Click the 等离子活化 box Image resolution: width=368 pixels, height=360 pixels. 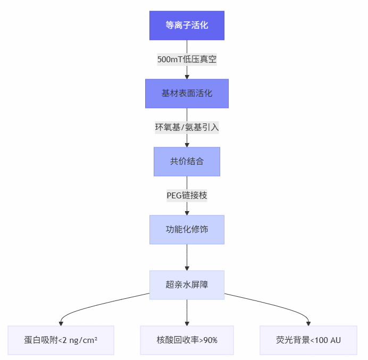point(187,26)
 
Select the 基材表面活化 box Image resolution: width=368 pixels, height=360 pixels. point(187,94)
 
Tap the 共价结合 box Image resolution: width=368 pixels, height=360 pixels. point(187,162)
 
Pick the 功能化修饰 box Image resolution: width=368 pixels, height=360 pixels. point(187,230)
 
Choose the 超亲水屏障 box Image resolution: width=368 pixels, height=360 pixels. point(187,284)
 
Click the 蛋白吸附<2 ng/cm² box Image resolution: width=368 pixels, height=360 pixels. point(61,340)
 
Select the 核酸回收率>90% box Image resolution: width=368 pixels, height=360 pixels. point(187,340)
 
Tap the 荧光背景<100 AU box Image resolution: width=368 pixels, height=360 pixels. point(308,340)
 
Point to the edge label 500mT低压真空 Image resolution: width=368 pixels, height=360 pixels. point(187,60)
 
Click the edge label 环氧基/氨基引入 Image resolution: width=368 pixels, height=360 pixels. point(187,128)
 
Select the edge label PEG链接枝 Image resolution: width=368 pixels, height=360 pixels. point(187,196)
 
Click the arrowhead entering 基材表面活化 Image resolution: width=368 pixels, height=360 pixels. point(187,77)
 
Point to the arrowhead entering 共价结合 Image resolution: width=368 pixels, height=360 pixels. point(187,145)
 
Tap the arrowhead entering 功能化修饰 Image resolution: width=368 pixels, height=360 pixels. point(187,213)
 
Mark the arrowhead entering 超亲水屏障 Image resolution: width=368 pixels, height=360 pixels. point(187,268)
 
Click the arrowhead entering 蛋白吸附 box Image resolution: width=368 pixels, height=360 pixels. point(61,323)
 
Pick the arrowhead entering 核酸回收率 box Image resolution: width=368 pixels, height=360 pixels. point(187,323)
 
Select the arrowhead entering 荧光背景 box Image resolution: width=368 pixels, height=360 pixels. point(308,323)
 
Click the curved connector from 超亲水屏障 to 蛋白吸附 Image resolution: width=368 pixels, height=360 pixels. point(101,304)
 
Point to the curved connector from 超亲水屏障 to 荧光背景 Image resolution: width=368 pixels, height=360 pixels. point(271,304)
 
